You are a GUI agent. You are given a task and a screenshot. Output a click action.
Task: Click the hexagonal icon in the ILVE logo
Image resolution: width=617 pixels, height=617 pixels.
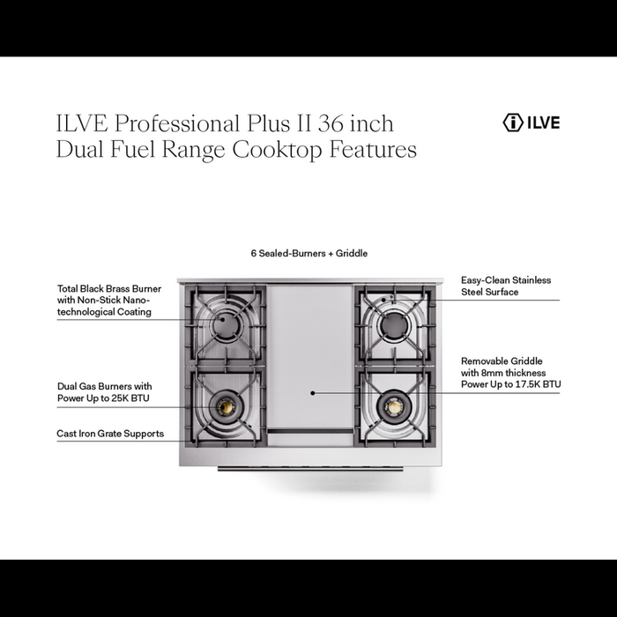pyautogui.click(x=513, y=123)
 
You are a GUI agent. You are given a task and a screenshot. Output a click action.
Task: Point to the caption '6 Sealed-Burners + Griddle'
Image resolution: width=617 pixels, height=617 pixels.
pyautogui.click(x=308, y=253)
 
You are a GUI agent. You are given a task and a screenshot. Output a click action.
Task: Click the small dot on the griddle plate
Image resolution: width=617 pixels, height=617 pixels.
pyautogui.click(x=310, y=392)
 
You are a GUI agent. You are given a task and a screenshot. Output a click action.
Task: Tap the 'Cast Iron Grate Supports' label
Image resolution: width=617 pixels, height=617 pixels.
pyautogui.click(x=110, y=434)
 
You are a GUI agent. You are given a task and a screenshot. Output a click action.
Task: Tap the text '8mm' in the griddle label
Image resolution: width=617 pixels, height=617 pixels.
pyautogui.click(x=494, y=373)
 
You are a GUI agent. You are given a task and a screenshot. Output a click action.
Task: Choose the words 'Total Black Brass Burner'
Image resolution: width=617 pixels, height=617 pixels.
pyautogui.click(x=109, y=288)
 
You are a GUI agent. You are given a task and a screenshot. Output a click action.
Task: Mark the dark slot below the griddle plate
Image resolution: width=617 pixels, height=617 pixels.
pyautogui.click(x=310, y=431)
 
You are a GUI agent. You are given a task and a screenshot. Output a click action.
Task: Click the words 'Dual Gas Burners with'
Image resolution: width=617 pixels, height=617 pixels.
pyautogui.click(x=104, y=386)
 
